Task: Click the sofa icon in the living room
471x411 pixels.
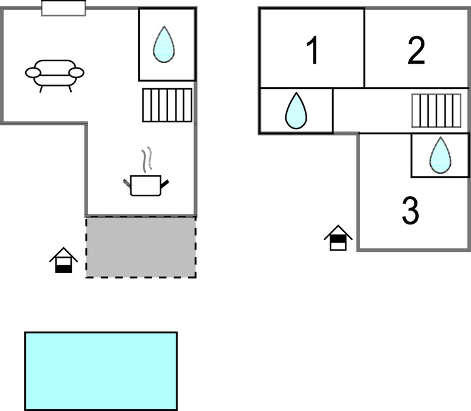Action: [55, 74]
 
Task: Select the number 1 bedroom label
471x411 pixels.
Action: [312, 51]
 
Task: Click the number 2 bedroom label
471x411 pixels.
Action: [416, 51]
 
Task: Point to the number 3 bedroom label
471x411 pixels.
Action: [410, 212]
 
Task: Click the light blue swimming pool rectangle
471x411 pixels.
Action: [101, 371]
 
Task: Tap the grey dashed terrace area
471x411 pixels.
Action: [140, 247]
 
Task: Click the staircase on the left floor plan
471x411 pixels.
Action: [167, 105]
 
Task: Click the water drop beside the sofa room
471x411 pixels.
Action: [164, 45]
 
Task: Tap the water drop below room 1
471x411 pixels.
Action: [295, 112]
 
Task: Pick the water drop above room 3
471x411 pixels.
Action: [440, 155]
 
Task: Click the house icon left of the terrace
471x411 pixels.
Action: [64, 260]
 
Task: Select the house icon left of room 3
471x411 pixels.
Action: [338, 238]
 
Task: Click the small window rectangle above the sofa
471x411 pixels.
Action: [64, 8]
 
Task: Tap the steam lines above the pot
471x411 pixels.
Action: [147, 160]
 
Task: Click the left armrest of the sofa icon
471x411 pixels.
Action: [33, 72]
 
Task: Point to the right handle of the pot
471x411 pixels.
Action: [165, 183]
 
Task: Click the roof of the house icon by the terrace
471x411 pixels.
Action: [64, 254]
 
